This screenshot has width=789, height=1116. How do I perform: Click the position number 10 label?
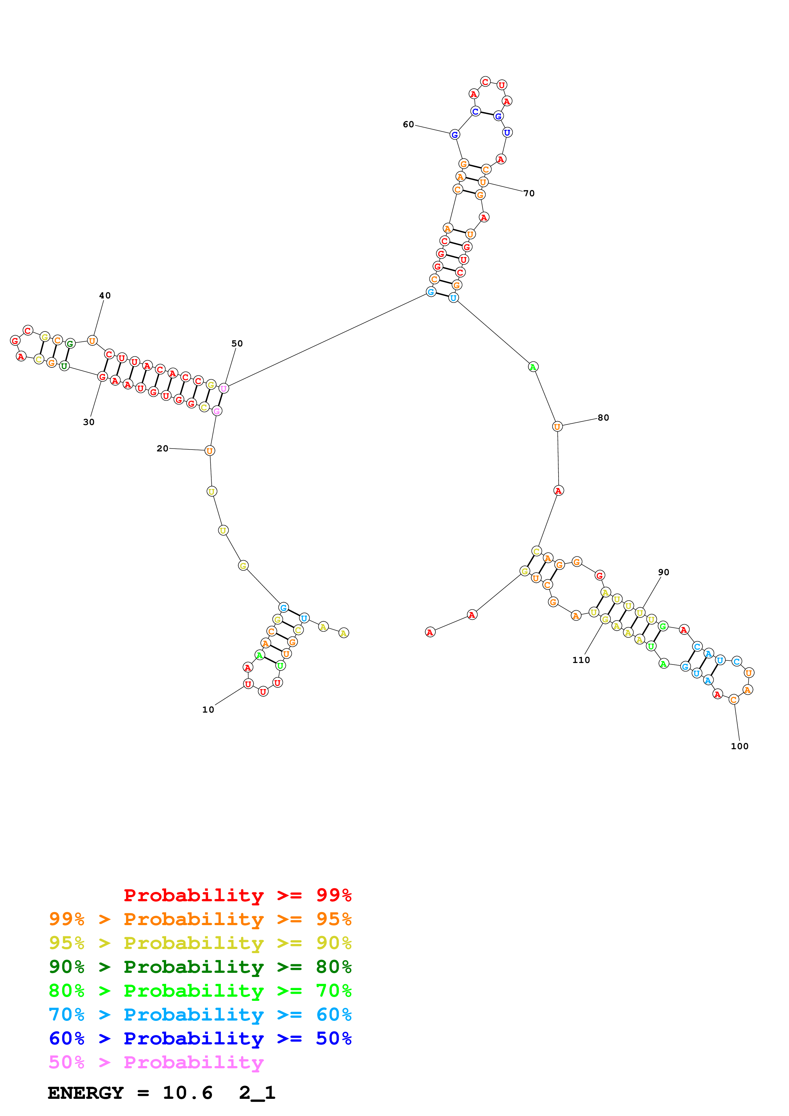pos(208,710)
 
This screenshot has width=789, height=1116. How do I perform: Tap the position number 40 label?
pos(105,296)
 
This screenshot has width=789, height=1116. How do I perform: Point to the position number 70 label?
pos(529,193)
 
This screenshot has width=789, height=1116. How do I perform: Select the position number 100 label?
pos(739,746)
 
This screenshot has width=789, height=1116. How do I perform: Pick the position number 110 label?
pos(581,660)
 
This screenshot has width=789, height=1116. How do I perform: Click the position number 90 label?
pos(664,572)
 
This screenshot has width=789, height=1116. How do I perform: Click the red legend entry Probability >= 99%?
pos(237,895)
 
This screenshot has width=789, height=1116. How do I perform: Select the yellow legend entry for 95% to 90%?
pos(200,943)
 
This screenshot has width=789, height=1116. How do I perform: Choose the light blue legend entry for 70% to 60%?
pos(200,1015)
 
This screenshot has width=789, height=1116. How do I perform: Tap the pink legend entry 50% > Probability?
pos(156,1062)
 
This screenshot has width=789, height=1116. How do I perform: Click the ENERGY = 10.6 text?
pos(130,1093)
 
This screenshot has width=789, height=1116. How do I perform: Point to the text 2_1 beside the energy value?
pos(257,1093)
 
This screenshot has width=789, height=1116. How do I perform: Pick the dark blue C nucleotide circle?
pos(476,111)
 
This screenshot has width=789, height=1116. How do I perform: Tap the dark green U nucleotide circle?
pos(64,366)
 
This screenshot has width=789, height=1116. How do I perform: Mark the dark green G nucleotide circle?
pos(70,343)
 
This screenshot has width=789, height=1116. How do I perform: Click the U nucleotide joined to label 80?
pos(557,426)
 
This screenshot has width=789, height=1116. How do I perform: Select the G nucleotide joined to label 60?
pos(454,135)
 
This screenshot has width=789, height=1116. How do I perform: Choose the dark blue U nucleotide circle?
pos(507,132)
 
